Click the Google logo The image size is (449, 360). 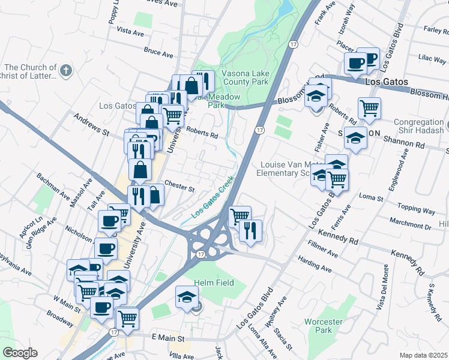[20, 352]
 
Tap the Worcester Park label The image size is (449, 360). [323, 326]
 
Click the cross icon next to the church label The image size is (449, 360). [66, 70]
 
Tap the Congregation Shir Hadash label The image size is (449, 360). [418, 127]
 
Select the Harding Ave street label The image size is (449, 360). [315, 264]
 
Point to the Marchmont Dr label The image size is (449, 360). [410, 224]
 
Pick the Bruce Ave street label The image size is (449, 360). [158, 53]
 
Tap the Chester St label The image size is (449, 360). [179, 187]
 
